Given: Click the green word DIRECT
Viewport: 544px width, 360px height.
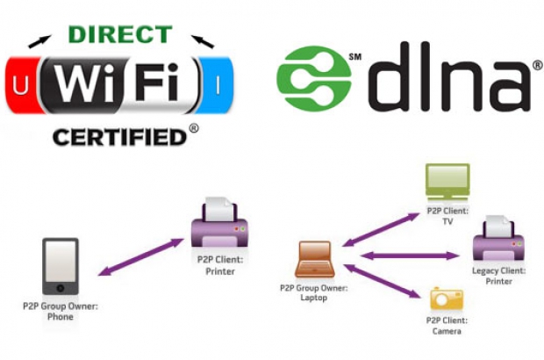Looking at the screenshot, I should pyautogui.click(x=121, y=35).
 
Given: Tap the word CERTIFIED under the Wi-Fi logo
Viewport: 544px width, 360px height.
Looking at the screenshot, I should pyautogui.click(x=122, y=137).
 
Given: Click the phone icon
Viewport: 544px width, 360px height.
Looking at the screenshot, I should pyautogui.click(x=61, y=267).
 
